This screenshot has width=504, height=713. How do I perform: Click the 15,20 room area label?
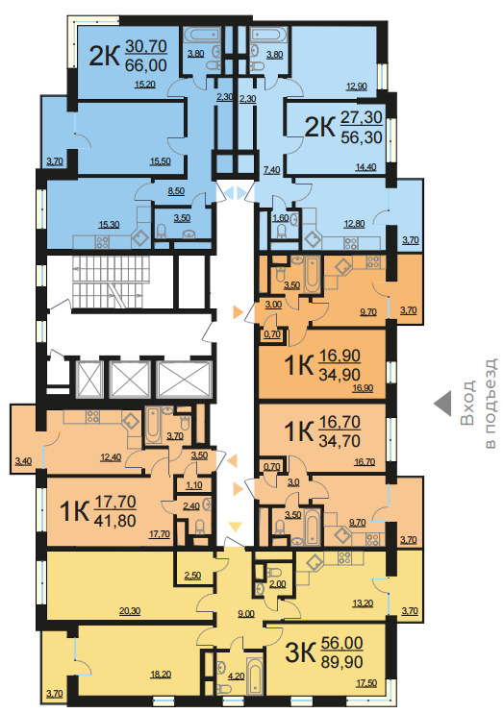point(145,84)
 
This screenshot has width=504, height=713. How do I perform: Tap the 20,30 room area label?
point(130,611)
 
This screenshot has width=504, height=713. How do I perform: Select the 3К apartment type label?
point(300,653)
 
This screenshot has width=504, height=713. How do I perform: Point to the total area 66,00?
point(145,65)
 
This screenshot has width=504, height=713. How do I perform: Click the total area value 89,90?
point(341,662)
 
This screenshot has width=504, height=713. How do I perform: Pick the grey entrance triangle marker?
point(443,404)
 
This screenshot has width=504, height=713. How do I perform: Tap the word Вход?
point(467,404)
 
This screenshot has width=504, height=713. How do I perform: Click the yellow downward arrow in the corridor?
point(235,527)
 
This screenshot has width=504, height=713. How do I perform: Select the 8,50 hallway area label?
point(176,191)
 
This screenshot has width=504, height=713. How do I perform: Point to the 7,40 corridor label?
point(272,170)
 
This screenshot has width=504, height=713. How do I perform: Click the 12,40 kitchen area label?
point(111,457)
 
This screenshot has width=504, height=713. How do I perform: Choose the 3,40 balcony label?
point(23,461)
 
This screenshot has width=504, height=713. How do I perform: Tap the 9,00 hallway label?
point(246,614)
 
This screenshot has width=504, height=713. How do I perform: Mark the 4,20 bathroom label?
point(237,676)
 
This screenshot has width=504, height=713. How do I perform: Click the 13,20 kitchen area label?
point(363,603)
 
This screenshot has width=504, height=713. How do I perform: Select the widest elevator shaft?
point(184,380)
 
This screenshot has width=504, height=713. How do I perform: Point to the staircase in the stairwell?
point(111,282)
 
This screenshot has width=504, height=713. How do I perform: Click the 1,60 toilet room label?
point(281,218)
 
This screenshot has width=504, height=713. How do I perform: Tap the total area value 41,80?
point(114,520)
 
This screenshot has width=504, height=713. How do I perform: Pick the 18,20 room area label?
point(161,675)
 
